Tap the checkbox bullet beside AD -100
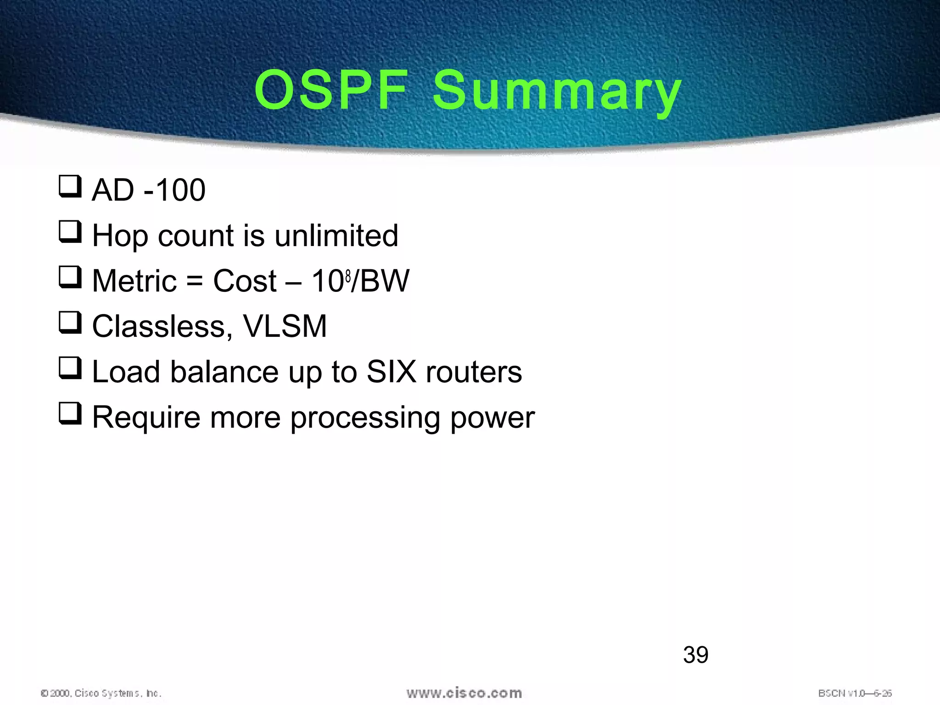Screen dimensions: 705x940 click(x=70, y=186)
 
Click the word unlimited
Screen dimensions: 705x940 click(x=336, y=235)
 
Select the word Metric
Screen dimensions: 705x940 click(x=134, y=281)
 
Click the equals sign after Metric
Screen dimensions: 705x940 click(x=195, y=281)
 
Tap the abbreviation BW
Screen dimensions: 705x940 click(x=384, y=281)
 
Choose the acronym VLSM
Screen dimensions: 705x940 click(x=285, y=326)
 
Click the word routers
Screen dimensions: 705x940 click(x=474, y=372)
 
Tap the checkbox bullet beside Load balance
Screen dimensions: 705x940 click(x=70, y=368)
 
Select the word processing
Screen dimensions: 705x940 click(x=365, y=418)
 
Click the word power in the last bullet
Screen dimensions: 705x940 click(x=492, y=418)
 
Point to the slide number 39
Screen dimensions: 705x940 click(x=695, y=655)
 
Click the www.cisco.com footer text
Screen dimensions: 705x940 click(x=464, y=693)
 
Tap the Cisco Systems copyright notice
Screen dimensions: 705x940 click(x=101, y=693)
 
